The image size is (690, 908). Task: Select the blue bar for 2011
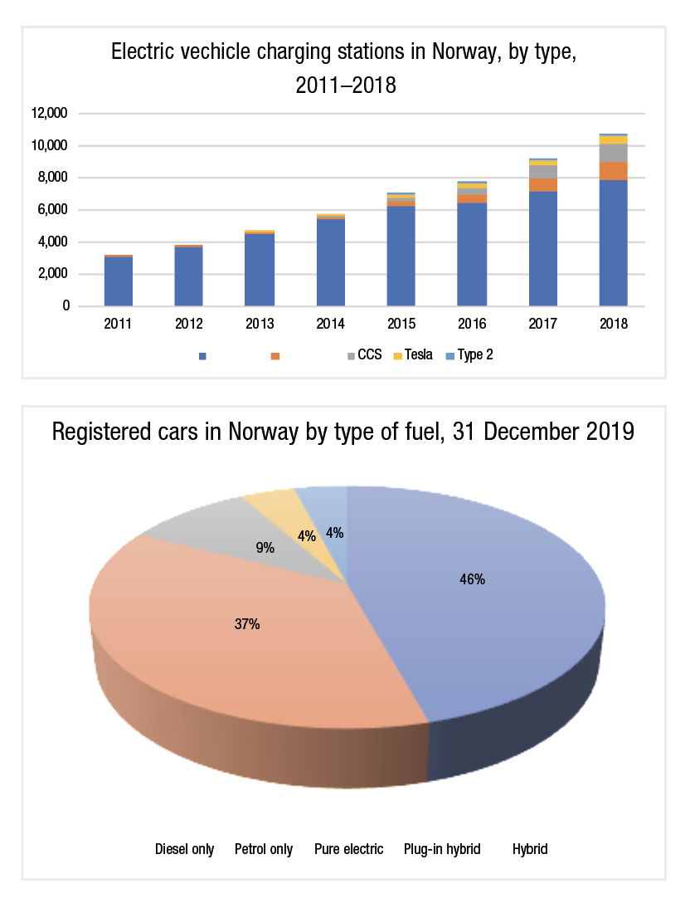coord(119,281)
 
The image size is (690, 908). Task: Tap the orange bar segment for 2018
coord(613,171)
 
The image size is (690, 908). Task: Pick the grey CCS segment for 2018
coord(613,153)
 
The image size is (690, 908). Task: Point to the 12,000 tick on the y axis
coord(52,114)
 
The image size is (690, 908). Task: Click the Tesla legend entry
coord(418,355)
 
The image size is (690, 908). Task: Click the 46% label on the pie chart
coord(472,579)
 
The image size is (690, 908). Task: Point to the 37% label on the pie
coord(247,624)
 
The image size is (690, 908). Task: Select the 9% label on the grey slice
coord(264,548)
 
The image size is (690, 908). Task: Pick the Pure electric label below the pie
coord(348,849)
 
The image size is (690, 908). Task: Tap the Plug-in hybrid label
coord(442,849)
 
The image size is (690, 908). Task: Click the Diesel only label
coord(184,849)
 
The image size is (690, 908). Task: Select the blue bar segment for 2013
coord(260,270)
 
